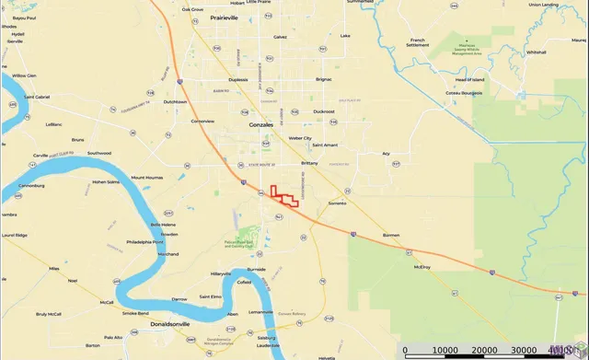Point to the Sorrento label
click(x=338, y=202)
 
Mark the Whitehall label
click(x=537, y=52)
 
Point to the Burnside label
click(x=257, y=269)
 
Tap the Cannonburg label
click(x=30, y=185)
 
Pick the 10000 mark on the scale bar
click(x=445, y=350)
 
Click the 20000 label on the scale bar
click(x=486, y=350)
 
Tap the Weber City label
click(x=301, y=138)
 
